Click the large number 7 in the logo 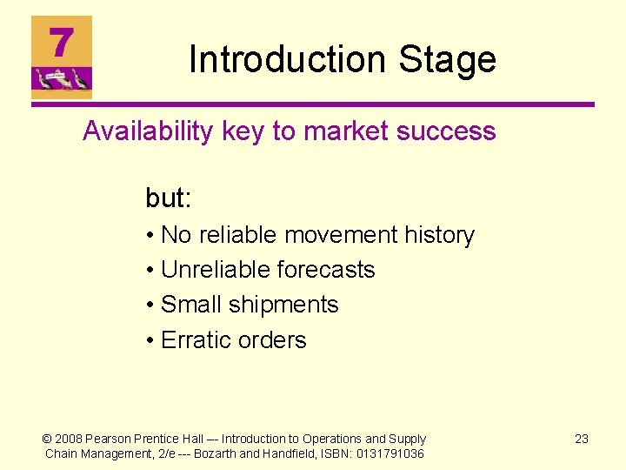[61, 42]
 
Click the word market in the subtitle [343, 131]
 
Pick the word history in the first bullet [438, 235]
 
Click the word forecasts [325, 270]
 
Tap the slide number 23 [582, 439]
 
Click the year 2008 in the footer [70, 439]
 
